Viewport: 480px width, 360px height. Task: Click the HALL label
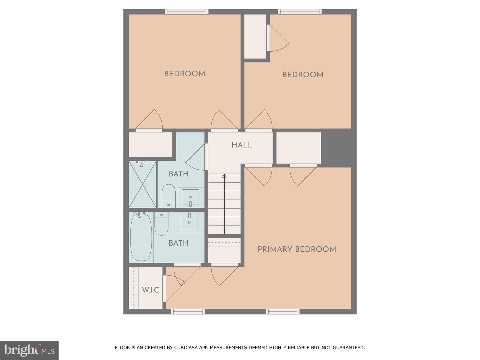click(242, 145)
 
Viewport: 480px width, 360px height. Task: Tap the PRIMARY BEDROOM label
click(297, 249)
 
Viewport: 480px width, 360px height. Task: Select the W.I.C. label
click(151, 290)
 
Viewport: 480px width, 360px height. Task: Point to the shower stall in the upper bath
click(143, 184)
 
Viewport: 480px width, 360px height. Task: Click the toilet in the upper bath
click(169, 196)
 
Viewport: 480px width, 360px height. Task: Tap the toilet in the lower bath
click(161, 223)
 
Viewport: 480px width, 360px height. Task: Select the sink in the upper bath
click(190, 197)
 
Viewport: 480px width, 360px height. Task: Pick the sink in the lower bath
click(189, 222)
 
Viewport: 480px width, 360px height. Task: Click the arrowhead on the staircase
click(224, 176)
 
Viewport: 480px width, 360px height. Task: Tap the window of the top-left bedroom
click(187, 12)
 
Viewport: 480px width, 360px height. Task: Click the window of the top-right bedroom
click(300, 12)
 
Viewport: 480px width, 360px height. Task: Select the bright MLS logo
click(29, 350)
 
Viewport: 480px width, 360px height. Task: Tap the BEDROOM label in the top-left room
click(185, 74)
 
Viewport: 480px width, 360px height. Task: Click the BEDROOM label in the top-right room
click(303, 75)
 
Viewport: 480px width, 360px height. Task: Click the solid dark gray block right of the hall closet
click(336, 148)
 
